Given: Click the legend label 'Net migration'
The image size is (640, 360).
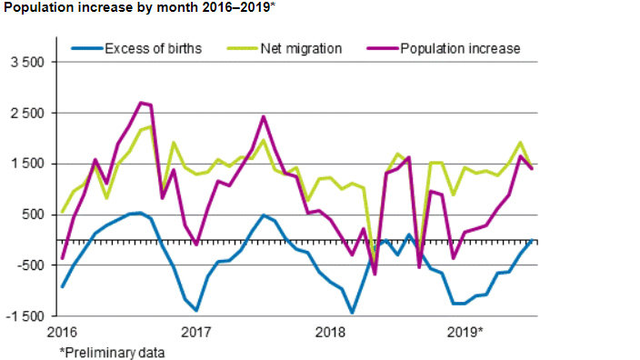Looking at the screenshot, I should [301, 48].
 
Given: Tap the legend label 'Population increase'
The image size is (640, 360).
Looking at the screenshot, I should [461, 48].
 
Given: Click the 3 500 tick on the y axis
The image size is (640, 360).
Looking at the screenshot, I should [29, 63].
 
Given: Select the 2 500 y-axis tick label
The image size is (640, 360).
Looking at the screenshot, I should [29, 114].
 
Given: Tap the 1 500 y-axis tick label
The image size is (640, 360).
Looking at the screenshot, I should [29, 164].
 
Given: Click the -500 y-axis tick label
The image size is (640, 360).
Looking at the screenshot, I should [32, 265].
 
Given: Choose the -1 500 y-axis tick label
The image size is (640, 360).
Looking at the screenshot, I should [26, 315].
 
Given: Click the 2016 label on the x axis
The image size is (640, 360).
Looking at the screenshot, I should [61, 331].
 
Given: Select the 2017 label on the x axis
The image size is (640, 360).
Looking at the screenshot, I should [196, 331].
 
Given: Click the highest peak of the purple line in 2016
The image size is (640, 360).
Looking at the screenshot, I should [141, 103].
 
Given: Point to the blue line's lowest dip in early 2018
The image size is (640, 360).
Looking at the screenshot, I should [353, 313].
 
